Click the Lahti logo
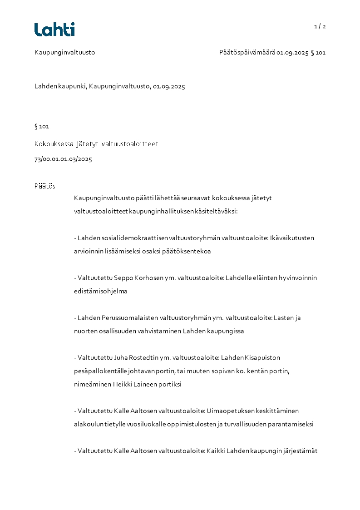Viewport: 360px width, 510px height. (54, 30)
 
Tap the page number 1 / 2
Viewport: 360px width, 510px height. (320, 26)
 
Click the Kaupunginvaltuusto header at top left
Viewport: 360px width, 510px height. (64, 52)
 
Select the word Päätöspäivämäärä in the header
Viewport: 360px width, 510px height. (247, 52)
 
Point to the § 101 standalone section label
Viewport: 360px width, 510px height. (42, 126)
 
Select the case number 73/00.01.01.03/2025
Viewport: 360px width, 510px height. (63, 159)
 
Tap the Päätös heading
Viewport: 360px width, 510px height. (44, 186)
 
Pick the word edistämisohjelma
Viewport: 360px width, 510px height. (100, 291)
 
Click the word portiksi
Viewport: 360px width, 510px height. (169, 384)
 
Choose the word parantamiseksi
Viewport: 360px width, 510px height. (292, 424)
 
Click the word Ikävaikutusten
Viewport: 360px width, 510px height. (293, 238)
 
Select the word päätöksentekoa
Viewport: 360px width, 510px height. (188, 251)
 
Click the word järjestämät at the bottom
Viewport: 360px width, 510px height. (299, 451)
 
